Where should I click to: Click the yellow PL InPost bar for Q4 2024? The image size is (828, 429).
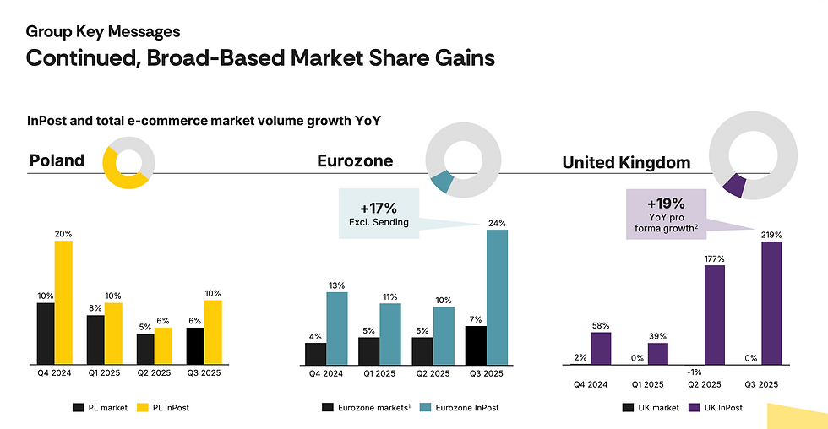[x=63, y=302]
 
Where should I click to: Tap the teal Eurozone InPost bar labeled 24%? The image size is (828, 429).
[x=497, y=296]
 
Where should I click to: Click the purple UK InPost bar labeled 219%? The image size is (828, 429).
[x=771, y=302]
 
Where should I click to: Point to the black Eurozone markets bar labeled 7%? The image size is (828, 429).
[x=476, y=345]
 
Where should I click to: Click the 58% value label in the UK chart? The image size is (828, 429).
[x=601, y=325]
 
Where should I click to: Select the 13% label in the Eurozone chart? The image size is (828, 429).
[x=336, y=285]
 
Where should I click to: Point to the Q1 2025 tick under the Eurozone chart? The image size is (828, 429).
[x=379, y=372]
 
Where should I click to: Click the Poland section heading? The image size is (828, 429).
[x=57, y=160]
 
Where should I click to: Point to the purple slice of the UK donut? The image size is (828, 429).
[x=734, y=183]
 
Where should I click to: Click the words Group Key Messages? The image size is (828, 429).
[x=103, y=32]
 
